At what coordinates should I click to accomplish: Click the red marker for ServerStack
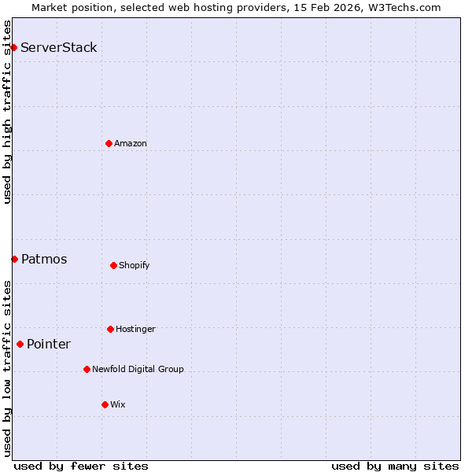13,47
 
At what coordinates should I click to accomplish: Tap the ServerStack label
59,47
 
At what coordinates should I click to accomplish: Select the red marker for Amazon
109,143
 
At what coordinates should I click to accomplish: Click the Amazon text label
131,143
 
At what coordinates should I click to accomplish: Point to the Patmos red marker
14,259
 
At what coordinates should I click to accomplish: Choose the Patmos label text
44,259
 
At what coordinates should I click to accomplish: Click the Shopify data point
113,265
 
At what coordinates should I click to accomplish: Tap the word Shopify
135,265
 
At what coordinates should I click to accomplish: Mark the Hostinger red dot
110,329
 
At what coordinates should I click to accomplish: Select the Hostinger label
135,329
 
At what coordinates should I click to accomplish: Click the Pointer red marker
20,344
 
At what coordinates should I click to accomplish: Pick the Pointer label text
49,344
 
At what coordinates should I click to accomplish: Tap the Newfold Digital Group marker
87,369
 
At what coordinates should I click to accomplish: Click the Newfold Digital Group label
138,369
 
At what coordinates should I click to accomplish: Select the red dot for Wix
105,404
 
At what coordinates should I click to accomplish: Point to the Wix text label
118,404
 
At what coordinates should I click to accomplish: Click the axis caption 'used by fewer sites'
81,466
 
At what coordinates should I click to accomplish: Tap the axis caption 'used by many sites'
395,466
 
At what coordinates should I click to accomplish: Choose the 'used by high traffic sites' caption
7,112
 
